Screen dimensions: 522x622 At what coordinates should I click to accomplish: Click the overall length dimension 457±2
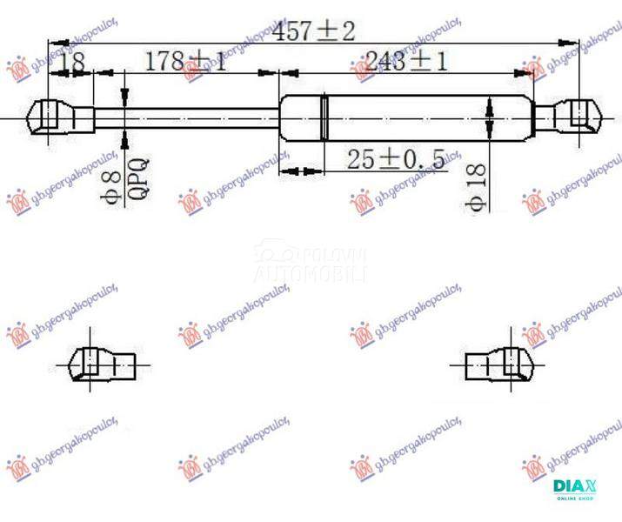[x=314, y=32]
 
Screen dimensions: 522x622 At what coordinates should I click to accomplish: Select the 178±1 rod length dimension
[x=184, y=62]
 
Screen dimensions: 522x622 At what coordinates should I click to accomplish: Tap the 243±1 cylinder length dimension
[x=405, y=62]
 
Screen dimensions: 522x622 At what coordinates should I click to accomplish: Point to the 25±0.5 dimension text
[x=396, y=159]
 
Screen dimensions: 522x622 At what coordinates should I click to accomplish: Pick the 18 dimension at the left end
[x=73, y=63]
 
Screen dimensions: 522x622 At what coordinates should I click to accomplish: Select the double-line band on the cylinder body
[x=324, y=117]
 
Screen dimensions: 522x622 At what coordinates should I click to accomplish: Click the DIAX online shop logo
[x=572, y=490]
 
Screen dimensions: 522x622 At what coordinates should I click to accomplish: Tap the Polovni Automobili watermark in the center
[x=311, y=264]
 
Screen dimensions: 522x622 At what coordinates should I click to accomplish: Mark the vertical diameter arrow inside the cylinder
[x=490, y=117]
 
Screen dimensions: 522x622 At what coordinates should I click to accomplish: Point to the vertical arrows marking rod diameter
[x=126, y=116]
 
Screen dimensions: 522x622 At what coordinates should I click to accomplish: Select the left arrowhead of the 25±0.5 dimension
[x=286, y=171]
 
